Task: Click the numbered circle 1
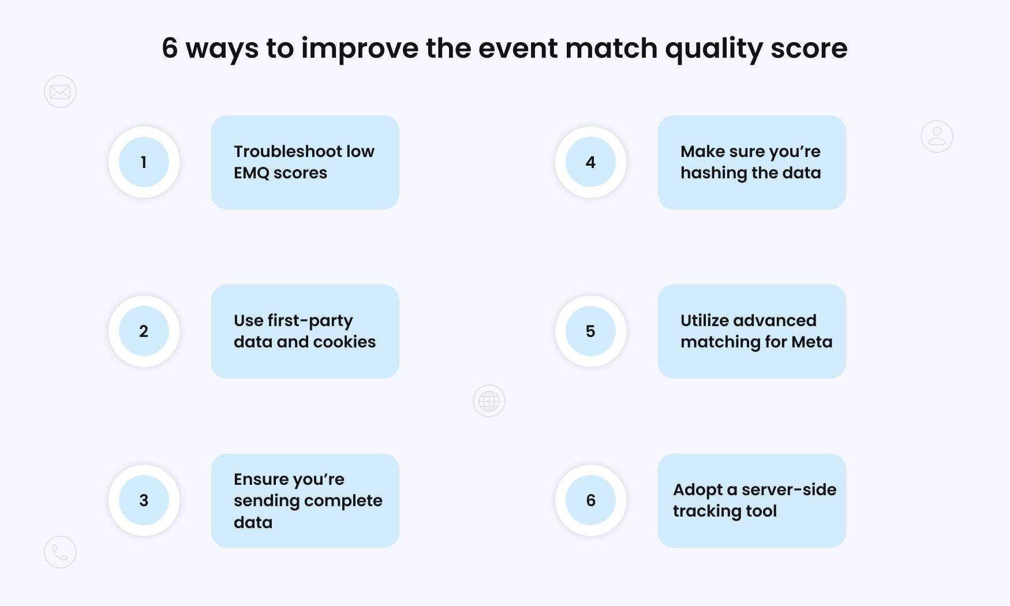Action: coord(144,162)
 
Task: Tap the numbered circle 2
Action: coord(144,331)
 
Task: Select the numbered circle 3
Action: coord(144,500)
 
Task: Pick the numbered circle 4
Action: coord(590,162)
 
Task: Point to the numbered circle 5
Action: coord(590,331)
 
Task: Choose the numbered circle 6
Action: coord(590,500)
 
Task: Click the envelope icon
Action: coord(60,92)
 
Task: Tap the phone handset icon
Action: coord(60,552)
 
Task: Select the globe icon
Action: coord(489,401)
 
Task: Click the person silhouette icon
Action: coord(937,137)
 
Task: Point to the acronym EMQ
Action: coord(251,173)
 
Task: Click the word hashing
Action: coord(713,173)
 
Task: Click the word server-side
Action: coord(788,490)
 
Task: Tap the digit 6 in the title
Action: coord(170,48)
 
